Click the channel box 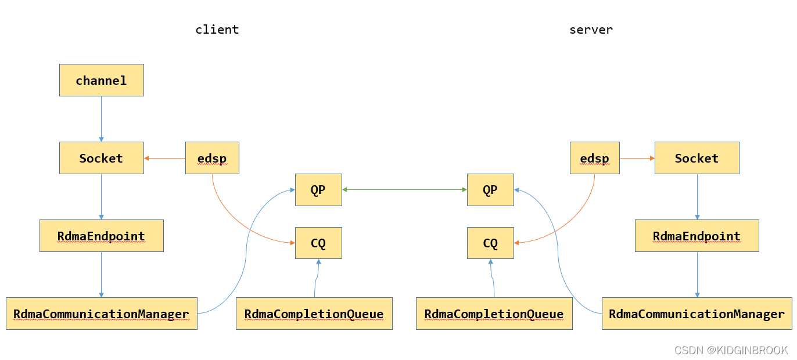pos(101,80)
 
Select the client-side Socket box pos(101,158)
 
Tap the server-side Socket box pos(697,158)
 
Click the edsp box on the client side pos(212,158)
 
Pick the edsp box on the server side pos(594,158)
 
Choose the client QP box pos(318,189)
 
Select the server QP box pos(490,189)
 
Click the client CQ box pos(318,243)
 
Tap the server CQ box pos(490,243)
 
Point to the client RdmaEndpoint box pos(101,236)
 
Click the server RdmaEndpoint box pos(697,236)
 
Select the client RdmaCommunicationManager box pos(101,314)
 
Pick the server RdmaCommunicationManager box pos(697,314)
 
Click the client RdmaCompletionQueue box pos(314,314)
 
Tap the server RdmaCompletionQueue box pos(494,314)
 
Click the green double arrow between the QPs pos(404,189)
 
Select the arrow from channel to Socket pos(101,119)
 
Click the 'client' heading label pos(217,30)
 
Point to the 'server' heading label pos(591,30)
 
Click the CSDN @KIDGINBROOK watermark pos(731,350)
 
